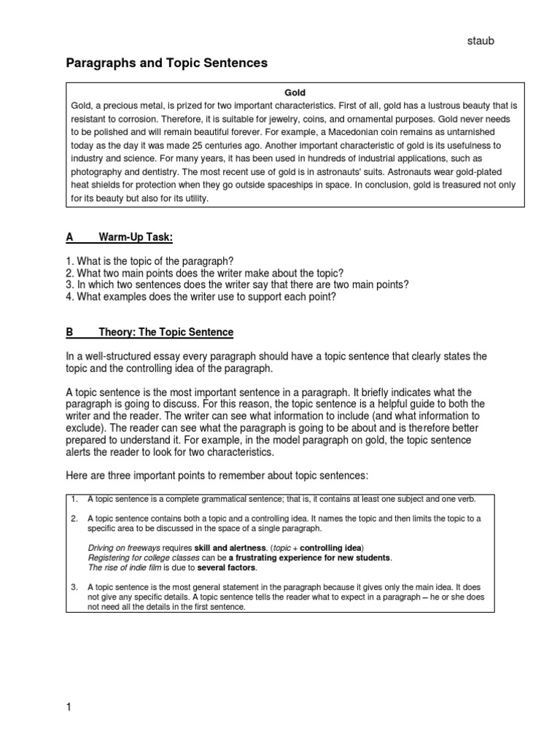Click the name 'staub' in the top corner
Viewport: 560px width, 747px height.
[480, 42]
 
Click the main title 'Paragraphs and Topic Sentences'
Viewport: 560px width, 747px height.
[167, 63]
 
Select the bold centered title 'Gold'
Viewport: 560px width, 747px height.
[295, 93]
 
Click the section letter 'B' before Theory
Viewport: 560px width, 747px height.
[70, 332]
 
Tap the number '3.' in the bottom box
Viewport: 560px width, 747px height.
[74, 587]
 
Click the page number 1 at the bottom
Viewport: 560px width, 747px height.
[69, 707]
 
